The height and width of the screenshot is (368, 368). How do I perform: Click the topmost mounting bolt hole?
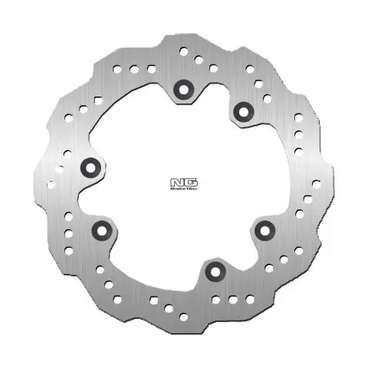(x=182, y=89)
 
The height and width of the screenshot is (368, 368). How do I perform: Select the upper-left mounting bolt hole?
(x=90, y=166)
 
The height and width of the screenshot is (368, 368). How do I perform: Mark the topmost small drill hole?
(x=183, y=51)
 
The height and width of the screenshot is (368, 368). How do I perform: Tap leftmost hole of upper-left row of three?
(x=118, y=70)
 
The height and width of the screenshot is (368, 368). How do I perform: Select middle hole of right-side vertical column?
(x=298, y=134)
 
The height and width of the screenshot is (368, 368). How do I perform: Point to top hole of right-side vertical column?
(x=298, y=118)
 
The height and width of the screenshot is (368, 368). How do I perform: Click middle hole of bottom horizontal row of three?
(x=232, y=298)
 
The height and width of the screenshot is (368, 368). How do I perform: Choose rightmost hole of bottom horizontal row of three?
(x=248, y=298)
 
